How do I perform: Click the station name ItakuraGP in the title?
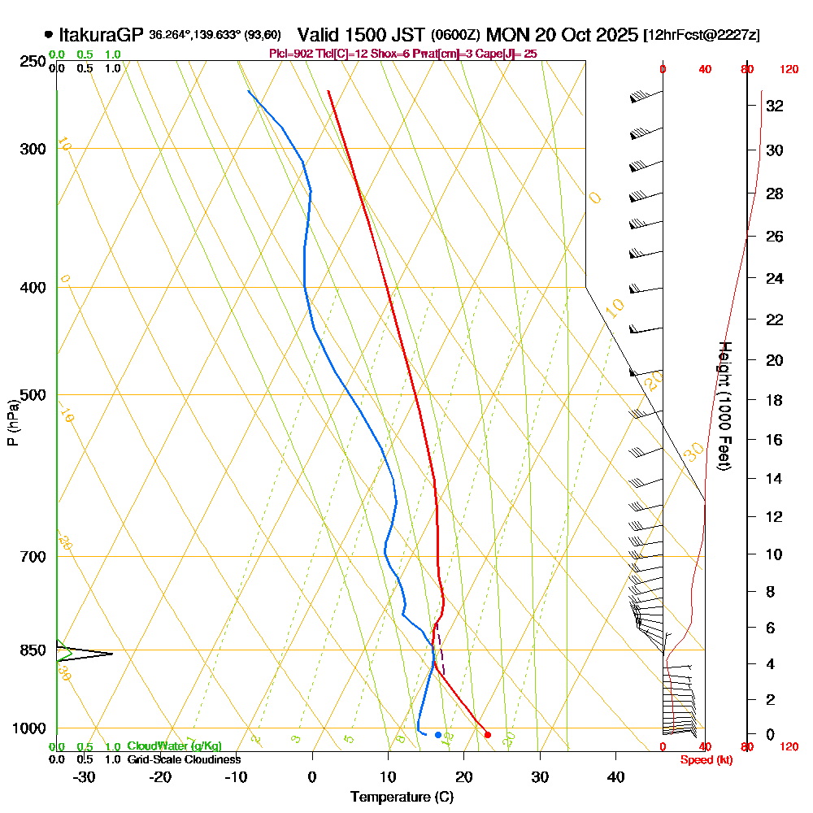(x=102, y=35)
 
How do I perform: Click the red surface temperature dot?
(x=488, y=735)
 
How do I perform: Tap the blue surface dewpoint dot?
(x=438, y=735)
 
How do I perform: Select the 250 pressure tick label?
(x=32, y=62)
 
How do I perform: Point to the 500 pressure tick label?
(x=32, y=395)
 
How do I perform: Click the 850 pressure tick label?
(x=32, y=650)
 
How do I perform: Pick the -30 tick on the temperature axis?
(x=85, y=776)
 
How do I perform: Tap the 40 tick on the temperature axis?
(x=615, y=776)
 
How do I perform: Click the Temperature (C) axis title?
(x=402, y=798)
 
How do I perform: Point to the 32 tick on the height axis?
(x=774, y=106)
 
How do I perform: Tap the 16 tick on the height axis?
(x=774, y=440)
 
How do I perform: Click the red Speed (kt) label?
(x=703, y=759)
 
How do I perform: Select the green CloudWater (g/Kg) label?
(x=174, y=746)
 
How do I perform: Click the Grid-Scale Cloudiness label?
(x=184, y=759)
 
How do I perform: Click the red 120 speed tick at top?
(x=788, y=70)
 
